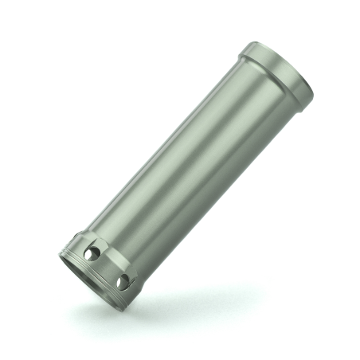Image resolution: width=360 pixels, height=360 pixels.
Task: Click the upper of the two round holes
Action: point(93,253)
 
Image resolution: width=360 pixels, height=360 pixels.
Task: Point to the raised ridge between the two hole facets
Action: point(109,265)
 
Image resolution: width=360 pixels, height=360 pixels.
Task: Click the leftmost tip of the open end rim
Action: point(60,255)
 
